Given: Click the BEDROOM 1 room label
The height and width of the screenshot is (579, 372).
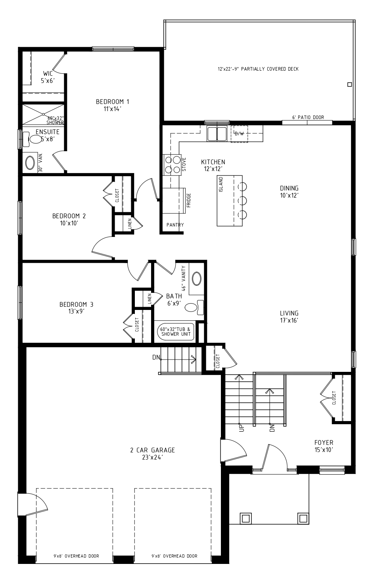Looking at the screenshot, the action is (x=112, y=102).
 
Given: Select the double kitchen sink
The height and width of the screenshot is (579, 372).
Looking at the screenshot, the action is (x=217, y=133).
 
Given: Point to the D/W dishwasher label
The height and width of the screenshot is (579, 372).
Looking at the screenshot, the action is (x=239, y=134).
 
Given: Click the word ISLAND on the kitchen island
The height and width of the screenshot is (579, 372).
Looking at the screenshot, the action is (x=221, y=185).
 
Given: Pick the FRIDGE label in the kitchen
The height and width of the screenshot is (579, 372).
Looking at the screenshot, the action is (x=189, y=200).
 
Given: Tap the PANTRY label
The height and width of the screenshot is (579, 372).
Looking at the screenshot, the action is (x=175, y=225).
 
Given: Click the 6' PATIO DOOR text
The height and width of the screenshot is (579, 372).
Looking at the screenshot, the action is (x=308, y=117).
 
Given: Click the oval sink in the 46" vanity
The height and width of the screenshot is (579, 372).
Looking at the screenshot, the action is (x=197, y=278).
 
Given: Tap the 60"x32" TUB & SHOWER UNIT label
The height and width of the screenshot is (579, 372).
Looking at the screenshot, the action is (x=176, y=332).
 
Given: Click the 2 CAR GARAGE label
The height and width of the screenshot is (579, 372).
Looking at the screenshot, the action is (x=152, y=450).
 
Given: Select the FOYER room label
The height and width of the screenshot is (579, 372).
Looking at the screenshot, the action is (x=324, y=442).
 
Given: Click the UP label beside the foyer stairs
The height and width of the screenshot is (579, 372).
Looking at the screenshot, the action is (x=242, y=428).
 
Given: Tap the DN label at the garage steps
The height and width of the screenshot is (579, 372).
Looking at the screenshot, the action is (x=156, y=358).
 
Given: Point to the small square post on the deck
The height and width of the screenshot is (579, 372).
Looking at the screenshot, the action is (x=349, y=85).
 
